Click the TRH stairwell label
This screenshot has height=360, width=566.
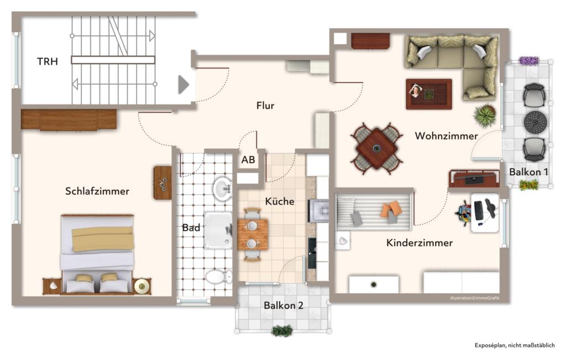48,61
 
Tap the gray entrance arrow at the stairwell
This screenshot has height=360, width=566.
183,85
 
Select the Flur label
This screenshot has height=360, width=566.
265,106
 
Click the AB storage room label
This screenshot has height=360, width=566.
248,160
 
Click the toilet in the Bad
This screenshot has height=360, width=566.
218,275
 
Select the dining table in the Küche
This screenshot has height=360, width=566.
253,234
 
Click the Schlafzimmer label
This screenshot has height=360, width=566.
97,191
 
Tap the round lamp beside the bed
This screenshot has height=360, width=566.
141,285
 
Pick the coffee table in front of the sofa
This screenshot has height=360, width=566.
428,93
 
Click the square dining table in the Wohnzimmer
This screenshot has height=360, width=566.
376,148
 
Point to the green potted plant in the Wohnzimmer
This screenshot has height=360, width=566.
485,116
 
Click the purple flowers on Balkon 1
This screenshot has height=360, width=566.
528,60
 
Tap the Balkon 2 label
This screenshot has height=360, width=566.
284,305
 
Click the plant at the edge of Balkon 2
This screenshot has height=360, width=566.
282,331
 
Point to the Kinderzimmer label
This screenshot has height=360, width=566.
419,243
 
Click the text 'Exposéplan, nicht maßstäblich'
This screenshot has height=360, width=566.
514,346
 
